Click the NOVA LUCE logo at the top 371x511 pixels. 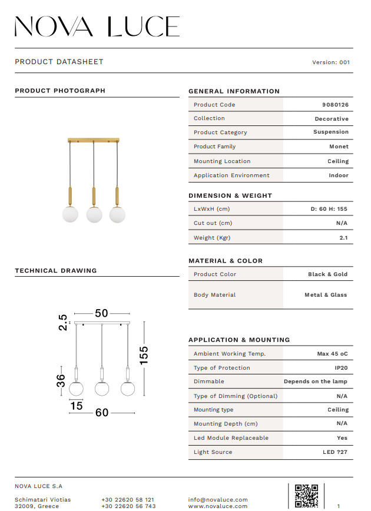[x=97, y=26]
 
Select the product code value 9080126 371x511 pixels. [x=335, y=105]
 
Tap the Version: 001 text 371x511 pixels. [x=331, y=62]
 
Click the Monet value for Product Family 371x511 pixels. [x=339, y=147]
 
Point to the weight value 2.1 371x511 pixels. [x=343, y=238]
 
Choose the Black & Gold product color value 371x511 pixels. [x=327, y=274]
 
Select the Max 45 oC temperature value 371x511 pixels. [x=332, y=354]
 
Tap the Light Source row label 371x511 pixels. [x=213, y=452]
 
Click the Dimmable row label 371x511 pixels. [x=209, y=381]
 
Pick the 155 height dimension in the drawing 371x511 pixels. [x=144, y=354]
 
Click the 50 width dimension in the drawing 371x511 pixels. [x=102, y=313]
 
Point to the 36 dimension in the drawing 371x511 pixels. [x=61, y=380]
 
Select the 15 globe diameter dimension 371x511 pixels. [x=77, y=406]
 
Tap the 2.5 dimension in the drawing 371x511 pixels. [x=62, y=323]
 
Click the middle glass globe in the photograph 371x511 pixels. [x=94, y=215]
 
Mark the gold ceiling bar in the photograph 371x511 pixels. [x=94, y=140]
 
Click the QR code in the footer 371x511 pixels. [x=306, y=495]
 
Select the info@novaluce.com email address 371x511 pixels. [x=218, y=500]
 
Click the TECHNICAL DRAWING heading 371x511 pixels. [x=56, y=271]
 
